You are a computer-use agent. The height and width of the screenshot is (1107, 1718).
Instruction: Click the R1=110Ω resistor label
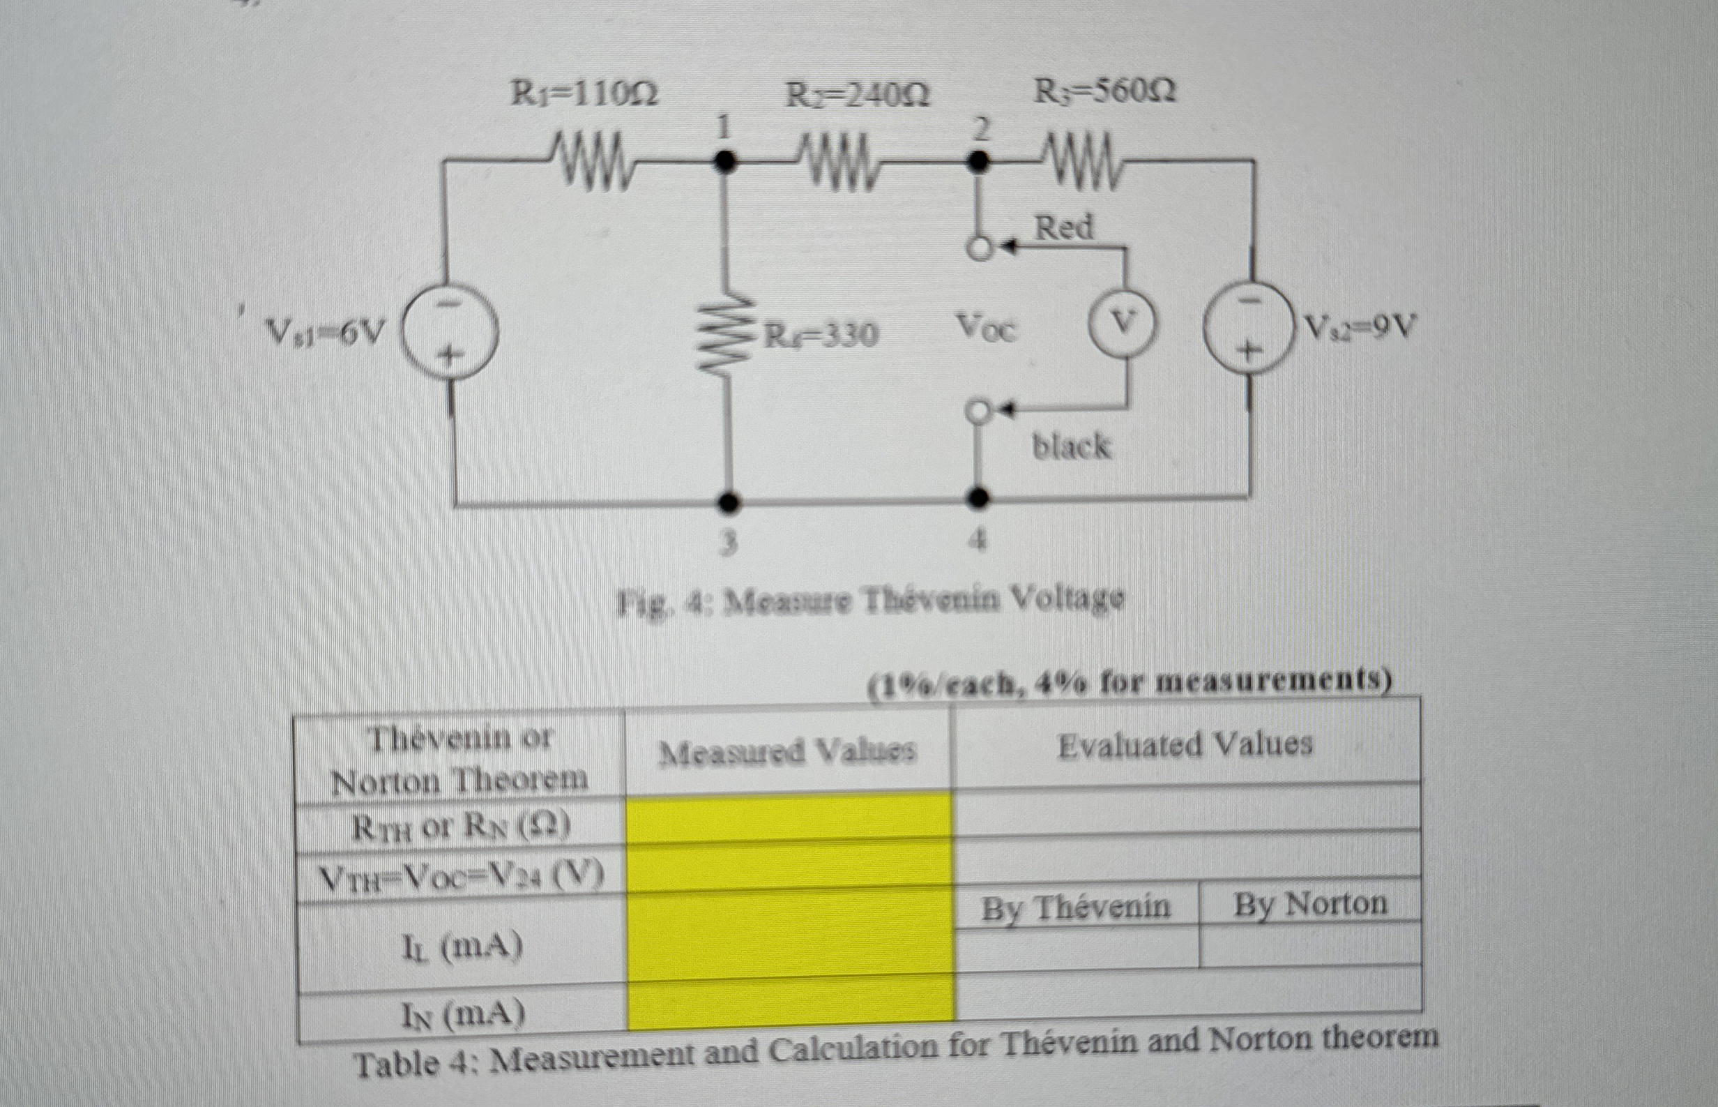pos(584,94)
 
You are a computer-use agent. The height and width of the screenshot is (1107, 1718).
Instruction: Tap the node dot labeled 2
pos(975,162)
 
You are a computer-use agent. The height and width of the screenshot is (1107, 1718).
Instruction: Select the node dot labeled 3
pos(729,502)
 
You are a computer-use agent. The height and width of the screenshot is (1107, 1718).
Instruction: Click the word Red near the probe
pos(1063,227)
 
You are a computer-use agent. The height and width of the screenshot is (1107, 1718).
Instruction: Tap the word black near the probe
pos(1070,446)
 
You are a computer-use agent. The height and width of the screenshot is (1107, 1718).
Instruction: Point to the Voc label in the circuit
pos(986,329)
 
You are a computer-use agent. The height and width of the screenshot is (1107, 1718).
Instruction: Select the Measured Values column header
pos(787,752)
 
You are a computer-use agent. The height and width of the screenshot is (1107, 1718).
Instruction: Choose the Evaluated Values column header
pos(1185,746)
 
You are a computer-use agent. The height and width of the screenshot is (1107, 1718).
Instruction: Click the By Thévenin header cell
pos(1076,908)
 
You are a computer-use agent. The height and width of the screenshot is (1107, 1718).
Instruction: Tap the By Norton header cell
pos(1310,904)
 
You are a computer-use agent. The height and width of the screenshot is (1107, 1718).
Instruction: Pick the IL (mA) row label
pos(460,948)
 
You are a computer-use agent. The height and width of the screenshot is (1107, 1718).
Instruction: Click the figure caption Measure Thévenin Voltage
pos(871,598)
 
